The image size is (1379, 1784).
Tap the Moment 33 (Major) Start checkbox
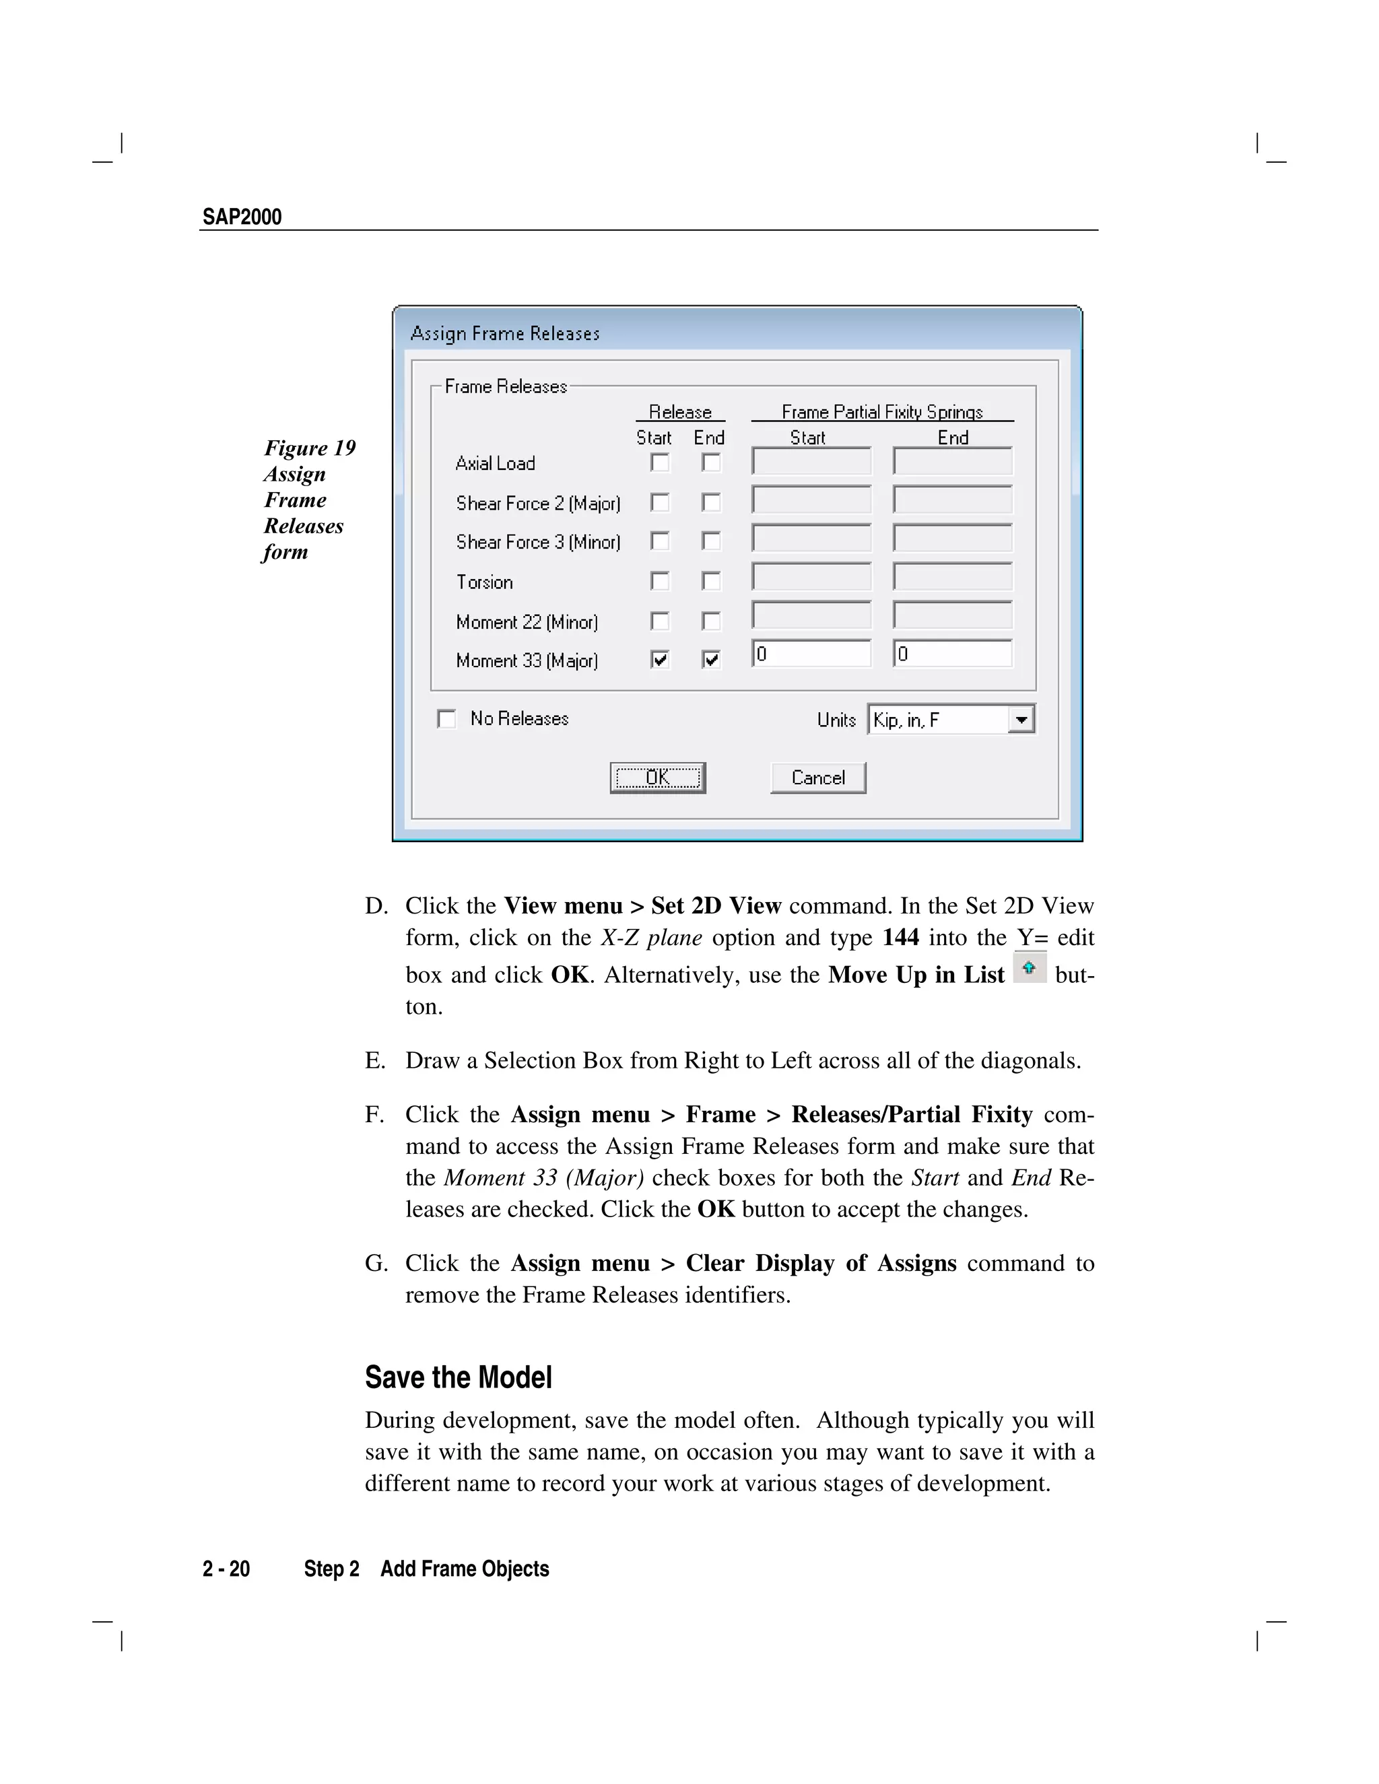[660, 659]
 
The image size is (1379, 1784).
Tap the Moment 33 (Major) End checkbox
[712, 659]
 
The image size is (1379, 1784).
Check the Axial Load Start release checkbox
[660, 462]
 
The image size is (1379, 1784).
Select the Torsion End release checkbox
[712, 581]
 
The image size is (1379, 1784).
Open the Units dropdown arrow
[1021, 720]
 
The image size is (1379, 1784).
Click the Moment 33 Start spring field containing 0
[811, 654]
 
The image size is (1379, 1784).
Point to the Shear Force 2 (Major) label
[537, 503]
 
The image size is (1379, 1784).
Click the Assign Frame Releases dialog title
[505, 333]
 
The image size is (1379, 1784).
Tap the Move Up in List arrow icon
[1030, 968]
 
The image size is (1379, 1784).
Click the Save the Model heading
[459, 1377]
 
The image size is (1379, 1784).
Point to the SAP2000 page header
[242, 217]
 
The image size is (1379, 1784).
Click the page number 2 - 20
[226, 1569]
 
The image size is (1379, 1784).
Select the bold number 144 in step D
[900, 937]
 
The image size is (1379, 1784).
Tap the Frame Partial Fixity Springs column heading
[881, 412]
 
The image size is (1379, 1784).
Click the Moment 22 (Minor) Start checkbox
[660, 621]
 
